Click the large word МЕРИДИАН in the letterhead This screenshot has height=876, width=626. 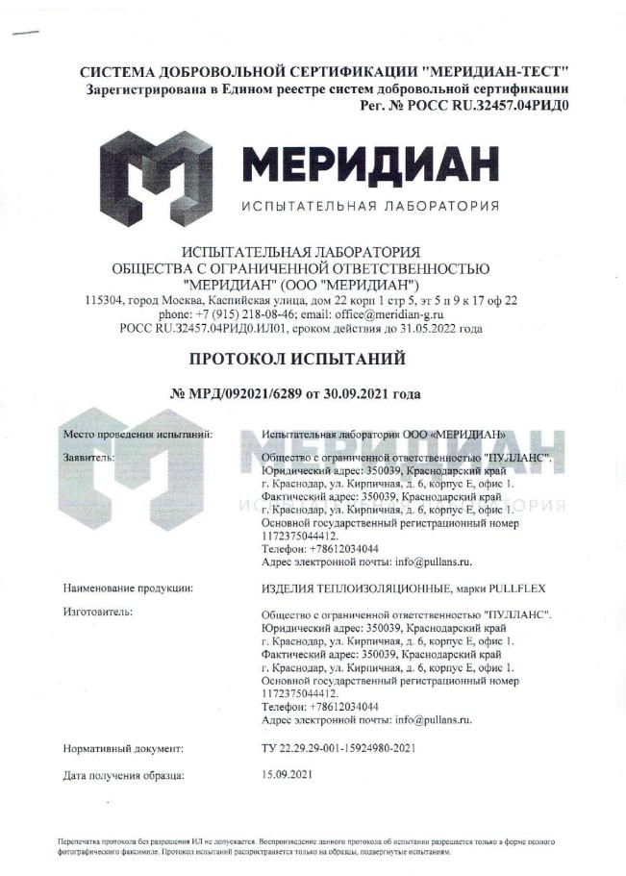[x=370, y=163]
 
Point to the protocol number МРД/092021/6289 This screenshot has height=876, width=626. [x=252, y=394]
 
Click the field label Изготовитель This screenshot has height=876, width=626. [x=97, y=611]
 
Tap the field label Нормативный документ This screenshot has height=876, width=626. [x=122, y=747]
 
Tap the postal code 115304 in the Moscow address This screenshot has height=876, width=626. [x=104, y=300]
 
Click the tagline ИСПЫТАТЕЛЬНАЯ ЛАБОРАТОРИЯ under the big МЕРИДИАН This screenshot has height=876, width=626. [x=370, y=207]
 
